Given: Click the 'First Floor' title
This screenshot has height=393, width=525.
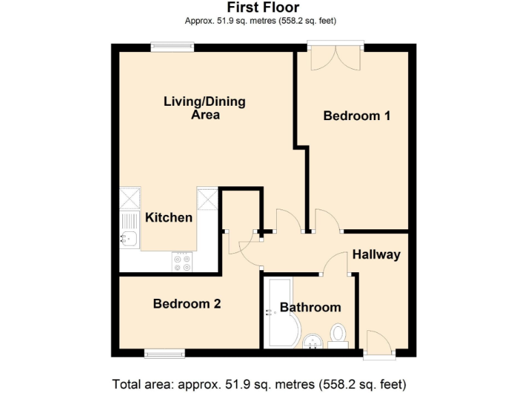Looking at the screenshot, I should pos(262,8).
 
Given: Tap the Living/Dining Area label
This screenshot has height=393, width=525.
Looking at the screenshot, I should pos(204,108).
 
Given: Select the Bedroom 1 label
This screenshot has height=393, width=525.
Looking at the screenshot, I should pos(356,116).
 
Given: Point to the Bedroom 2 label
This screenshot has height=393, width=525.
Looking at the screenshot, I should pos(187,304).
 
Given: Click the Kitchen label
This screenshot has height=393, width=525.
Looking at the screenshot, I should pos(169,218).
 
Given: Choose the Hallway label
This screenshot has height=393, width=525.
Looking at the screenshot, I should pos(376,254).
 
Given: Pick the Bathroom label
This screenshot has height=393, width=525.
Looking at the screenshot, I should pos(310,307).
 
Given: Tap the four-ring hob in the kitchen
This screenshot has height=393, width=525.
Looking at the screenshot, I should pos(182,261).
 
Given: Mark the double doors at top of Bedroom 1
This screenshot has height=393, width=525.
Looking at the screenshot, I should pos(335,57).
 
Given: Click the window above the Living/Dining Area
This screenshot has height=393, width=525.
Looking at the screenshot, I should pos(172,47).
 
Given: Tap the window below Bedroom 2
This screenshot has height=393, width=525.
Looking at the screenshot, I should pos(164,353).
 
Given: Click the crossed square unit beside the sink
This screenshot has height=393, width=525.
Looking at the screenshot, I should pos(129,199).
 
